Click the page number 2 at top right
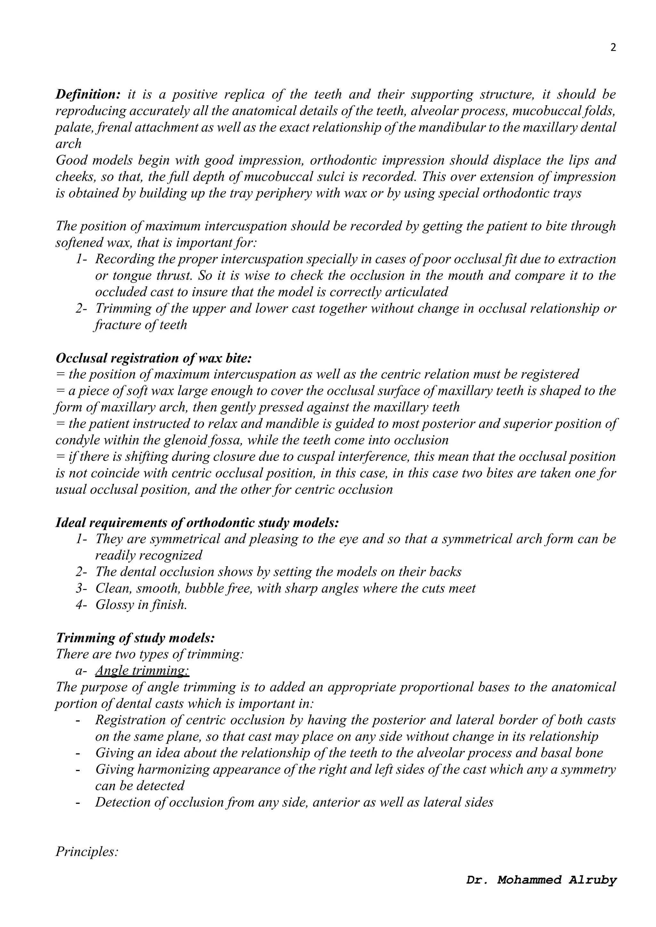click(x=613, y=48)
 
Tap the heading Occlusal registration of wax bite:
click(x=153, y=358)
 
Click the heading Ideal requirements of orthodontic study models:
click(x=197, y=522)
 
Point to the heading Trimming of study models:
click(x=135, y=638)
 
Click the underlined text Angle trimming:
click(x=142, y=671)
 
